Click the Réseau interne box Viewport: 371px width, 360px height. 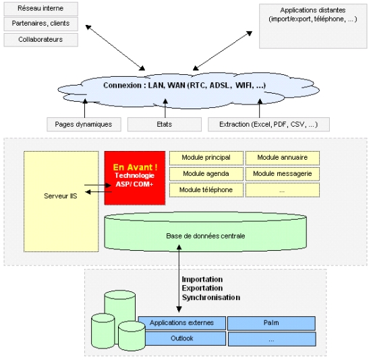coord(40,9)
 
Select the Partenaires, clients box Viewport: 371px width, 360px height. coord(40,24)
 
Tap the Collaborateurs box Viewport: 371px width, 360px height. coord(40,40)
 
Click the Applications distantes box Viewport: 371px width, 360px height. coord(313,26)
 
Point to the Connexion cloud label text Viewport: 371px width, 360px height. coord(185,85)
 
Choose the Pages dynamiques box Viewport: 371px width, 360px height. coord(84,125)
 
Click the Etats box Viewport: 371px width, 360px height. coord(165,125)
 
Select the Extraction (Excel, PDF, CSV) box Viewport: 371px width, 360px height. coord(268,125)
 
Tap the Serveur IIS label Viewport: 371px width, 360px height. coord(61,196)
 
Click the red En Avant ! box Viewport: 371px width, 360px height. coord(135,178)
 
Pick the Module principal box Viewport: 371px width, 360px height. coord(206,158)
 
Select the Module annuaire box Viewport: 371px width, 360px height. coord(283,158)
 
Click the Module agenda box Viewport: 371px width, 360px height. coord(206,174)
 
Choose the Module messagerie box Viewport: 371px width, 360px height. coord(283,174)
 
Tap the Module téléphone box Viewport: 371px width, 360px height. coord(206,190)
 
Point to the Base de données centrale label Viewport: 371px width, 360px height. coord(205,236)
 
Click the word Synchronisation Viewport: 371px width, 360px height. coord(211,297)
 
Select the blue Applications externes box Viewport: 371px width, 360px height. coord(181,323)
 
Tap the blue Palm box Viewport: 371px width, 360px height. coord(271,323)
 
